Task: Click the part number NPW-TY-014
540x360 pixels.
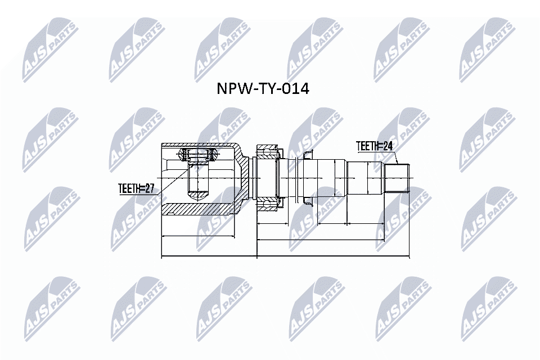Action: pos(263,89)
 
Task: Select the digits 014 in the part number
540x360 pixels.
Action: pos(295,89)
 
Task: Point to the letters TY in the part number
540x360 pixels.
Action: pos(264,89)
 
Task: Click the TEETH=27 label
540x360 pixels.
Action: pos(136,189)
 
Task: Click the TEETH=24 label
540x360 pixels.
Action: pos(375,146)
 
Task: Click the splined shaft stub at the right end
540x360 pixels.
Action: pos(397,178)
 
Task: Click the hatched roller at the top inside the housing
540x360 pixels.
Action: pos(198,154)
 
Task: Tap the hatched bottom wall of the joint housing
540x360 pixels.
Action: pos(197,208)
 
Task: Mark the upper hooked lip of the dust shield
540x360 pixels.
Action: pos(307,154)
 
